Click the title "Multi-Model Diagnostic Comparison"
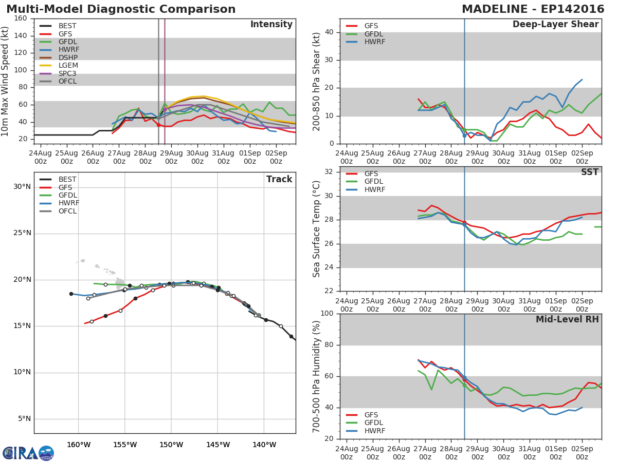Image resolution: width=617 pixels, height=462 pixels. click(121, 9)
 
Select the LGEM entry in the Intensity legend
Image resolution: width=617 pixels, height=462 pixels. click(68, 66)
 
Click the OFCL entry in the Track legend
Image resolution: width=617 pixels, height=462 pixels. click(68, 211)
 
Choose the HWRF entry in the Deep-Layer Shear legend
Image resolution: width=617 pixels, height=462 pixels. click(374, 42)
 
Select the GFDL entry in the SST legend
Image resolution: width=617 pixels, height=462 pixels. click(374, 182)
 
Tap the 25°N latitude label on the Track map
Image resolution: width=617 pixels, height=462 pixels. click(22, 233)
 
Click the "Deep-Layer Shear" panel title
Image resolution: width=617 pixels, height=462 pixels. click(555, 25)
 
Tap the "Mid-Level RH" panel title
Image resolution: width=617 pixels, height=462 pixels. click(567, 319)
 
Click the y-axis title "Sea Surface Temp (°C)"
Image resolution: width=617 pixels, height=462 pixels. click(317, 228)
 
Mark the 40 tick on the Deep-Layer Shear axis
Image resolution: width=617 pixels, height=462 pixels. click(331, 32)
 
